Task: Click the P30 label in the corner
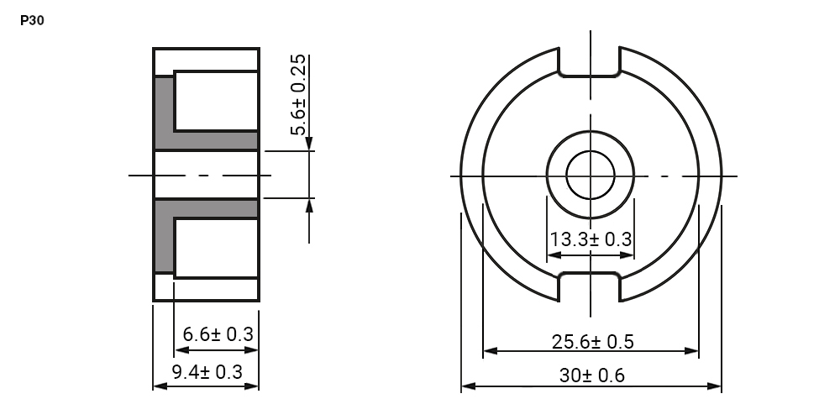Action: pos(32,21)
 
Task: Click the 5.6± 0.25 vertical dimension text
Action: pos(298,95)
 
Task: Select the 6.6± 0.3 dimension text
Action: pos(218,334)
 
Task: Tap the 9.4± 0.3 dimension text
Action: pos(207,372)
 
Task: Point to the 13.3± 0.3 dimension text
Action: pos(591,239)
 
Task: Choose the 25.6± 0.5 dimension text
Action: pos(592,341)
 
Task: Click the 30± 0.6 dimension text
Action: pos(592,375)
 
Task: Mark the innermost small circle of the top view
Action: pos(591,176)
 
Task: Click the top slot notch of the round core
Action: pos(590,62)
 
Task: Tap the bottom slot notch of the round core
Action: pos(590,286)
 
